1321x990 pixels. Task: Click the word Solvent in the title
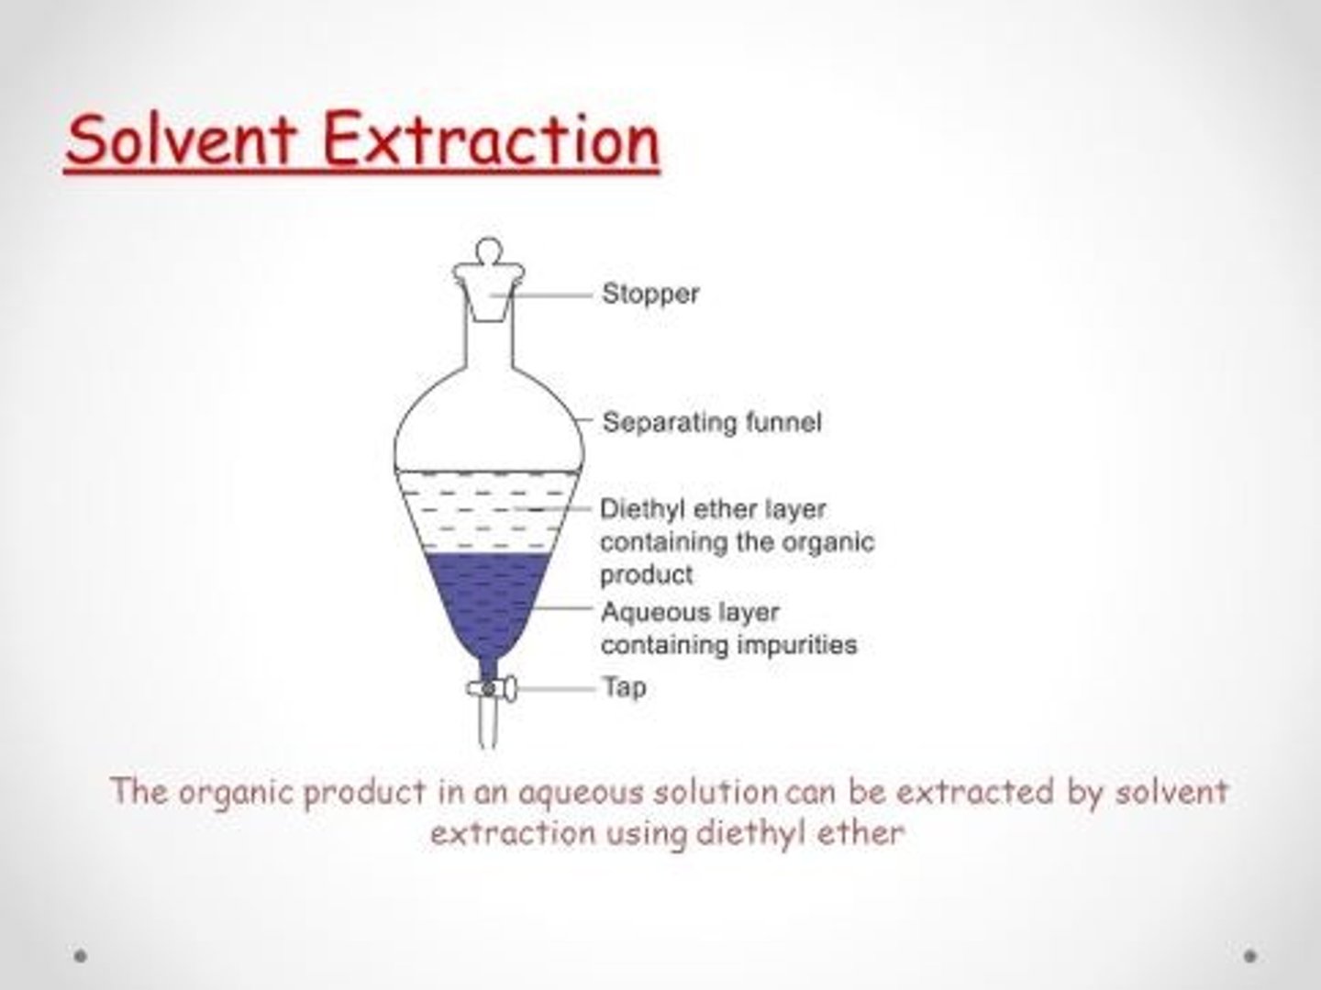click(181, 139)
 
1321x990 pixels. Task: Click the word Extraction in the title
click(491, 139)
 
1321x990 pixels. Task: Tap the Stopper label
click(650, 295)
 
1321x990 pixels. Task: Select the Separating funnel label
click(712, 422)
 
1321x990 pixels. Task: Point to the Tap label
click(625, 687)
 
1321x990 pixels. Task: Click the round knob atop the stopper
click(489, 250)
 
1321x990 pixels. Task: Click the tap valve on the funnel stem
click(491, 688)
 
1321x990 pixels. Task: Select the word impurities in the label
click(797, 646)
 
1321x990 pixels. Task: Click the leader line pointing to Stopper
click(541, 295)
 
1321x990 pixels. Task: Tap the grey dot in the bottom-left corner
click(80, 956)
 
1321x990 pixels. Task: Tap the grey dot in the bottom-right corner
click(1250, 956)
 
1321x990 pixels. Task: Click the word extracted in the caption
click(975, 792)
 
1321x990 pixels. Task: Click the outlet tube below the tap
click(489, 725)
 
